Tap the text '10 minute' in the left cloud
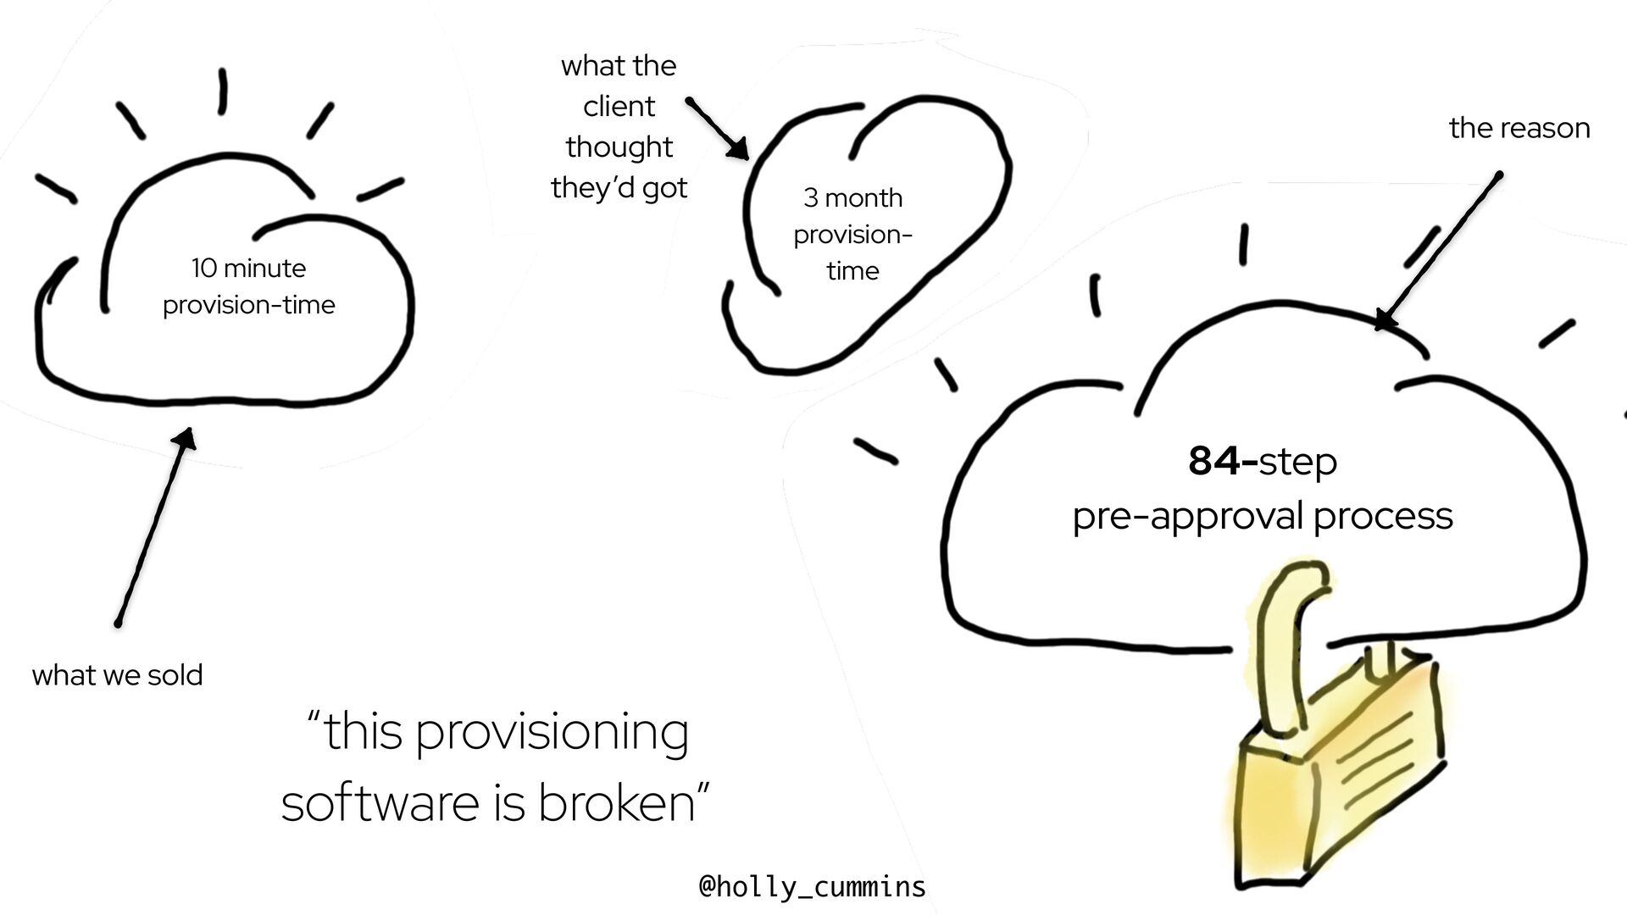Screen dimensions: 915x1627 pyautogui.click(x=248, y=269)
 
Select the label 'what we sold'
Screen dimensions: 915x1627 pyautogui.click(x=117, y=675)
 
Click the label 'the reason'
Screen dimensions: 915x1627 pyautogui.click(x=1519, y=128)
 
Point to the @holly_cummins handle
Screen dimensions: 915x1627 pyautogui.click(x=812, y=886)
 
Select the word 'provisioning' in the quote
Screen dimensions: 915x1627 pyautogui.click(x=552, y=733)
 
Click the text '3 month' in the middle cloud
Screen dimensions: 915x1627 pyautogui.click(x=852, y=198)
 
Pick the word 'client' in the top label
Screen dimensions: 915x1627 pyautogui.click(x=619, y=107)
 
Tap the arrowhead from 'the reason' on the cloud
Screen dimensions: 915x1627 pyautogui.click(x=1384, y=320)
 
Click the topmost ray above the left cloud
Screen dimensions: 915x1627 pyautogui.click(x=222, y=91)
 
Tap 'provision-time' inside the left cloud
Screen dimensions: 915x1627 pyautogui.click(x=248, y=305)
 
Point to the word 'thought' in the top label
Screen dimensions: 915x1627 pyautogui.click(x=619, y=147)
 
